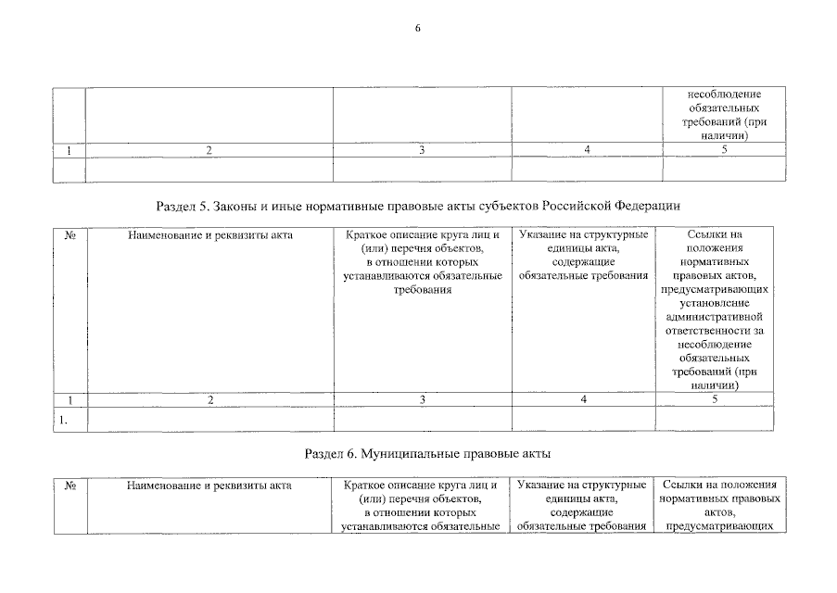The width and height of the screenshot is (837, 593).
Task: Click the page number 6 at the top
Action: pos(418,29)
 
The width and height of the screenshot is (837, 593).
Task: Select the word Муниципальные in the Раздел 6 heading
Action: pos(401,455)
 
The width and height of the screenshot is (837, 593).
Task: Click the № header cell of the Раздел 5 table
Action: pos(70,235)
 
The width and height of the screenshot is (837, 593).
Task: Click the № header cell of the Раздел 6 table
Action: pos(70,486)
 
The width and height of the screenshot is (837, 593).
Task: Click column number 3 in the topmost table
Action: pos(422,150)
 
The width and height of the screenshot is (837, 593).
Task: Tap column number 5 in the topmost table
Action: pos(724,150)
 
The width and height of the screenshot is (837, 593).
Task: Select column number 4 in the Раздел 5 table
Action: pos(584,399)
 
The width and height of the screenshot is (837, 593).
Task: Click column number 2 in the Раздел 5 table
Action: pos(209,399)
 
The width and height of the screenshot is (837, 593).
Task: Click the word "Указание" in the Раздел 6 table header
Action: pos(541,486)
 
